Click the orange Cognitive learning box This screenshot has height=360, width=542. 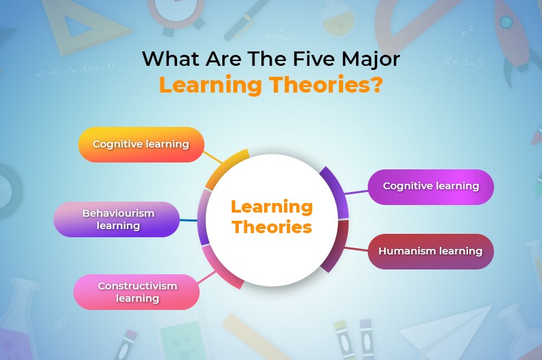tap(141, 145)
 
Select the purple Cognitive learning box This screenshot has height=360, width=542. tap(431, 187)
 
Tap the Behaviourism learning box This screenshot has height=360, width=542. tap(117, 219)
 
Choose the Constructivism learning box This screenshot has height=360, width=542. tap(137, 291)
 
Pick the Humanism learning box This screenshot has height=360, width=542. tap(431, 251)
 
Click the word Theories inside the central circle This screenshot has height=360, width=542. tap(272, 227)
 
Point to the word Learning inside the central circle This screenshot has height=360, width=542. tap(272, 206)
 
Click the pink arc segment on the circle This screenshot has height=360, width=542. tap(218, 267)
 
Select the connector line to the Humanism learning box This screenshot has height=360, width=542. tap(357, 248)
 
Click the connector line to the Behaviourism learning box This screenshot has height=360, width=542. tap(189, 220)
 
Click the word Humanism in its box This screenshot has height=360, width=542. tap(408, 251)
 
